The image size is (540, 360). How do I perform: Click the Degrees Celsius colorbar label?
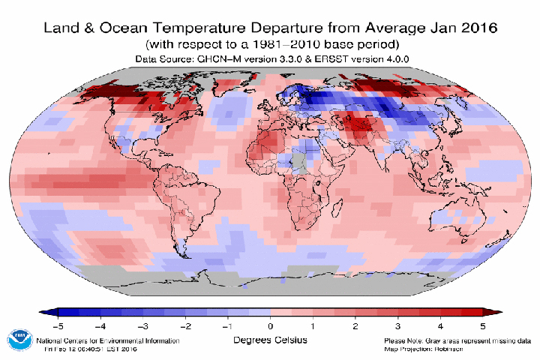point(270,339)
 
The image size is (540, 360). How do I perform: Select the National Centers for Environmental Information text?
point(109,340)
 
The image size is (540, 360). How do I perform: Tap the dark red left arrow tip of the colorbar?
point(492,312)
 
